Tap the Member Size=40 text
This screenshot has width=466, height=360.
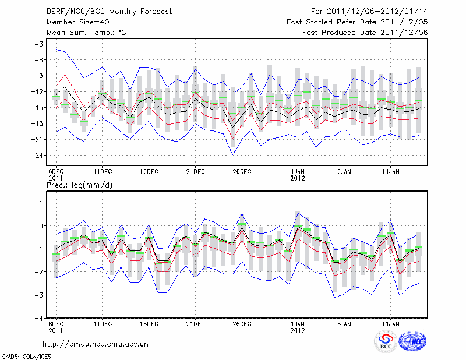[72, 22]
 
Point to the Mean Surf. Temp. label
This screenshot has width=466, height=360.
[85, 33]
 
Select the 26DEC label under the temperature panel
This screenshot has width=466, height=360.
[242, 171]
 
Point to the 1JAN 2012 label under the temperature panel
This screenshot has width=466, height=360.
[298, 175]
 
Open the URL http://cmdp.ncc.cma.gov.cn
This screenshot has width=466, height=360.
[96, 344]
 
